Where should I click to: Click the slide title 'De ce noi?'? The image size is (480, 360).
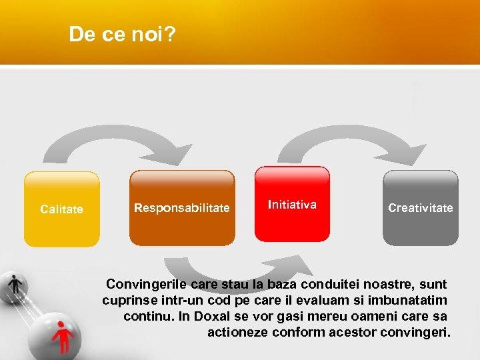tap(122, 35)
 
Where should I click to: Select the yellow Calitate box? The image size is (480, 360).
tap(61, 209)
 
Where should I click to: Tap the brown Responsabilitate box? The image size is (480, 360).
tap(181, 208)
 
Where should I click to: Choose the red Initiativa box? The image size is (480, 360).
tap(292, 204)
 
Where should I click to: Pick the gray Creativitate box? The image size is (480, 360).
tap(420, 208)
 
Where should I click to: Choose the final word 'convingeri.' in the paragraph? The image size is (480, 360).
tap(417, 332)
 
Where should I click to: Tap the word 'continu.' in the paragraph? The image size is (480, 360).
tap(148, 316)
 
